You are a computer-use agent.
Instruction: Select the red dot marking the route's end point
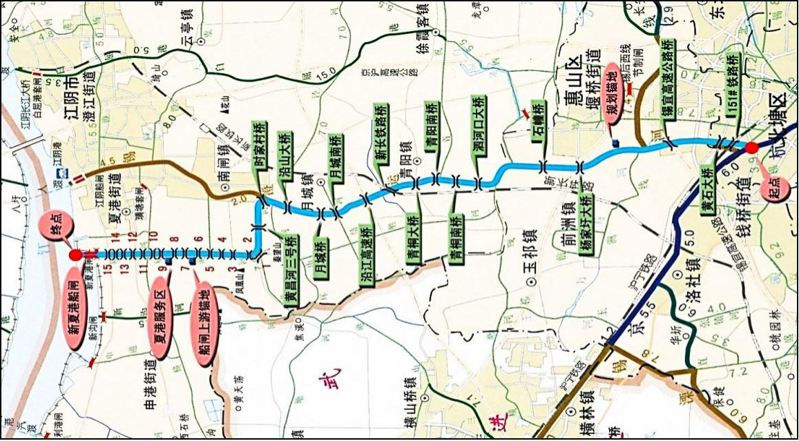[x=75, y=255]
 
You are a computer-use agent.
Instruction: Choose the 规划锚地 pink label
[x=613, y=96]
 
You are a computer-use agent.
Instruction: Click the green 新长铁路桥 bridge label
[x=381, y=134]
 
